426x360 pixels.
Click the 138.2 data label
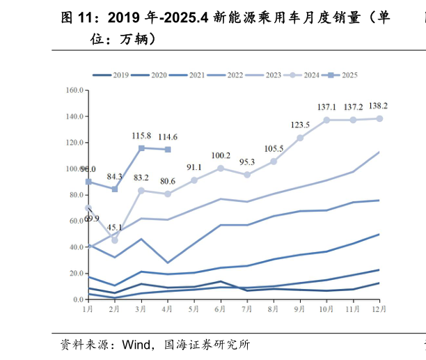click(378, 106)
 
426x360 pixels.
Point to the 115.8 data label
click(141, 135)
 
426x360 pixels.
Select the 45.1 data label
click(115, 228)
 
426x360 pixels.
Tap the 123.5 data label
click(300, 125)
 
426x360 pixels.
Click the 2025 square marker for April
click(168, 150)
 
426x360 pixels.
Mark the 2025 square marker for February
click(115, 189)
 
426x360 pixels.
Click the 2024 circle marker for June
click(221, 168)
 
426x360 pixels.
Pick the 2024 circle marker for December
click(379, 118)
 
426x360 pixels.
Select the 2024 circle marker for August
click(274, 162)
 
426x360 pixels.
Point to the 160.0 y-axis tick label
click(74, 91)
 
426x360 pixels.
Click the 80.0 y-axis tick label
click(75, 195)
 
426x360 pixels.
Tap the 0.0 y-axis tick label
click(79, 299)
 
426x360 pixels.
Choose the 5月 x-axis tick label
click(194, 308)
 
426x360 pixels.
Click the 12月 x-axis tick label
click(379, 308)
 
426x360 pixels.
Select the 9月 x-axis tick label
click(300, 308)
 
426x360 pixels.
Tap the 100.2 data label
click(221, 155)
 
